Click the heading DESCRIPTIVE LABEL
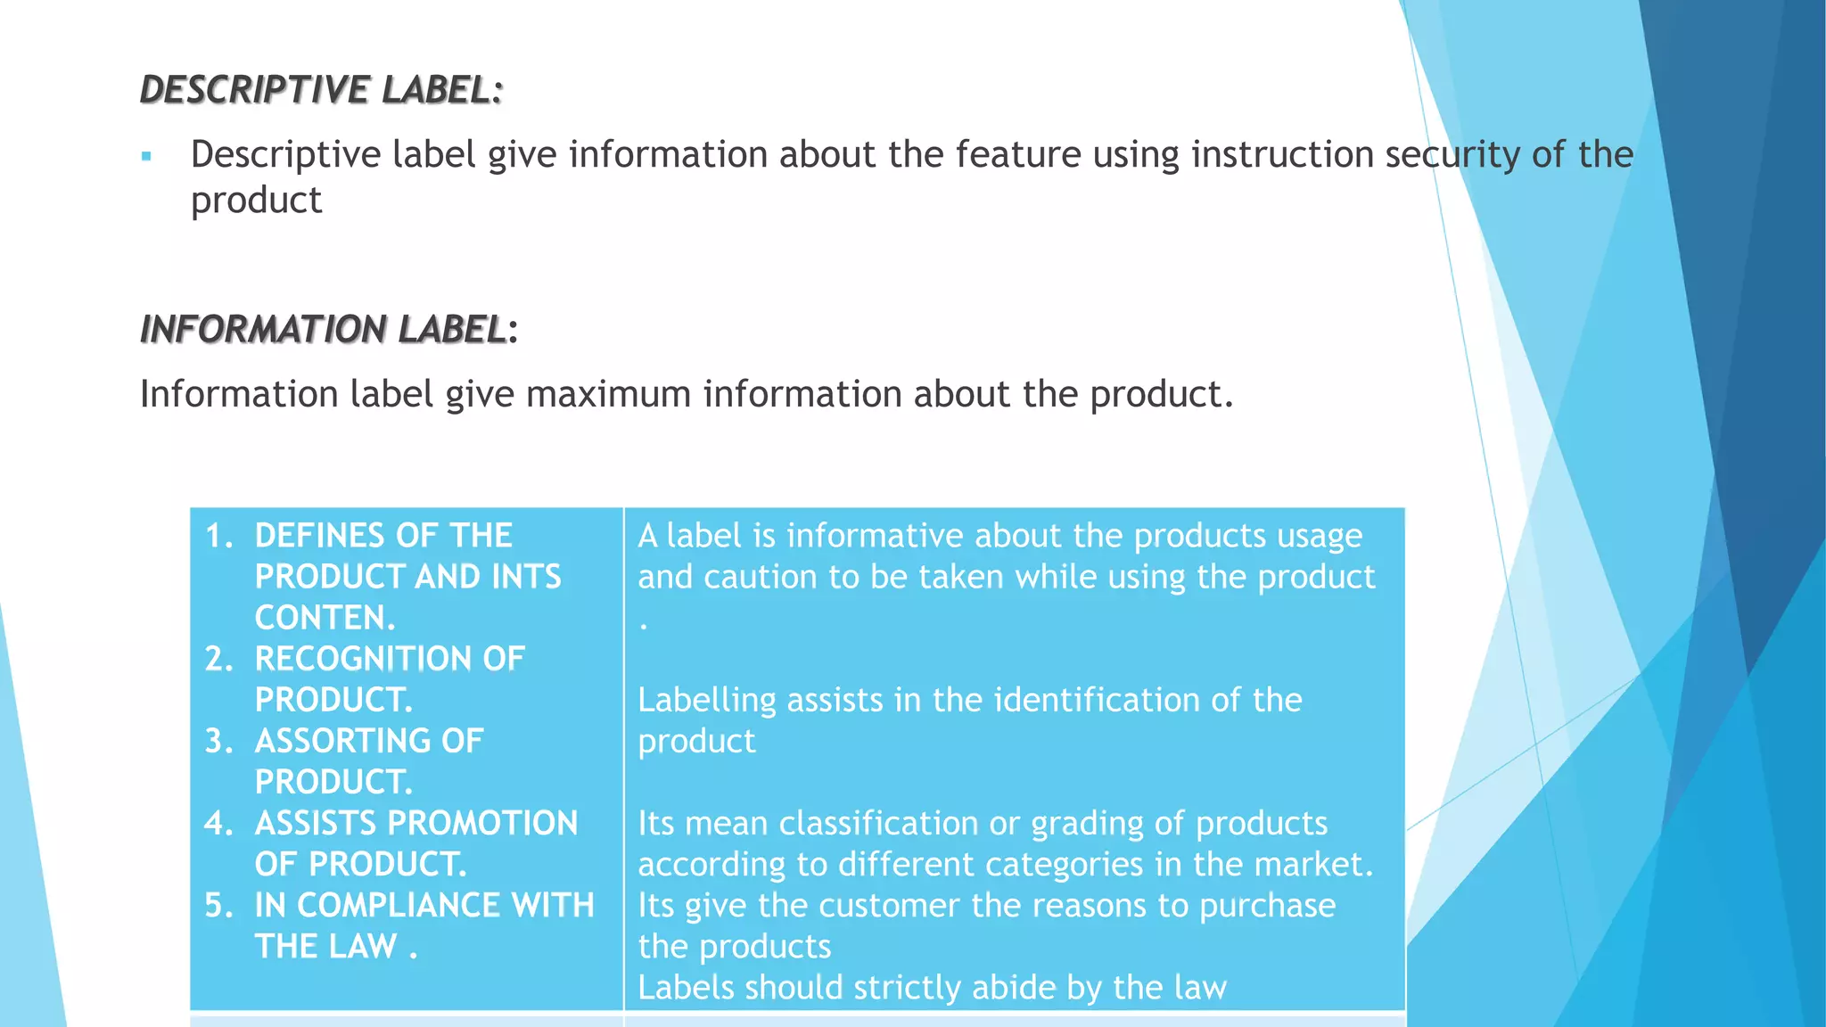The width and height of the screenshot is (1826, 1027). click(321, 90)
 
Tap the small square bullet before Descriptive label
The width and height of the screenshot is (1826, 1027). click(147, 157)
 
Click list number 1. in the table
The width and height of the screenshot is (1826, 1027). click(219, 536)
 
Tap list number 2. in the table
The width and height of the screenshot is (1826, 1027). click(219, 660)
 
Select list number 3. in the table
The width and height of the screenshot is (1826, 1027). click(219, 742)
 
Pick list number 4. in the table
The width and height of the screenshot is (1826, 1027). click(219, 824)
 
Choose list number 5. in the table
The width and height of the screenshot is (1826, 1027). click(219, 906)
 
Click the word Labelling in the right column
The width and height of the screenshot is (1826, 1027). click(707, 701)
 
